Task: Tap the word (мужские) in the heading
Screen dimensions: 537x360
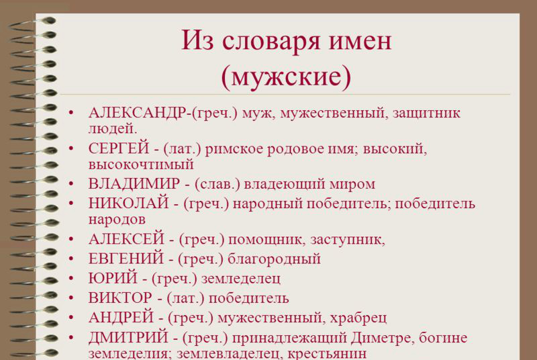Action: [x=287, y=77]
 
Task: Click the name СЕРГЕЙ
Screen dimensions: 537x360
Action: [x=119, y=148]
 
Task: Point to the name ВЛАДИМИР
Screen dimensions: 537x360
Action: [x=134, y=183]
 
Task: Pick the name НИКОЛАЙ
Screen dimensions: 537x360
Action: [x=128, y=203]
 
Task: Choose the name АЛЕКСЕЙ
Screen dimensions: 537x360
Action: [x=126, y=238]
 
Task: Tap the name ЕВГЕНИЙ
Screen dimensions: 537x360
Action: [x=126, y=259]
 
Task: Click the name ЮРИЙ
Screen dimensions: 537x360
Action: [x=113, y=278]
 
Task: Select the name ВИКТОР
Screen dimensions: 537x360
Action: [x=120, y=298]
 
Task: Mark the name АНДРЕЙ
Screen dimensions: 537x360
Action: [x=121, y=317]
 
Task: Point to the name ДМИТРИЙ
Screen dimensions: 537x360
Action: [x=128, y=337]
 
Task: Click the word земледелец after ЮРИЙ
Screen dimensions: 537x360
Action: [x=241, y=279]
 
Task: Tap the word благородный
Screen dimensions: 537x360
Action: [x=274, y=259]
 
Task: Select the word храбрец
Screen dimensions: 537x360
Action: [x=358, y=318]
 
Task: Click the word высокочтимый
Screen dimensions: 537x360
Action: [x=141, y=165]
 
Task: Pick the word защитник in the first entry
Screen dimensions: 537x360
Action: [x=426, y=114]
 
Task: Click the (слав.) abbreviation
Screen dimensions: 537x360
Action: [x=217, y=184]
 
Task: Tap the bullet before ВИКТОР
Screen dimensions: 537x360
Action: [x=71, y=298]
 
